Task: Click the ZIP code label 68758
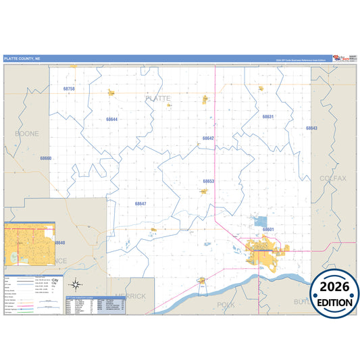click(69, 89)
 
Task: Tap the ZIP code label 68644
click(112, 120)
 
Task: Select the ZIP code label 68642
click(208, 138)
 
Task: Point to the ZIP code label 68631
click(268, 117)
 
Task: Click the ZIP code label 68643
click(311, 128)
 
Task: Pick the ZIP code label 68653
click(209, 181)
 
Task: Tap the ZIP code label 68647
click(140, 203)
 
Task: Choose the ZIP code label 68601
click(268, 230)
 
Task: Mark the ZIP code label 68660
click(45, 158)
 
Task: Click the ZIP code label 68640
click(59, 242)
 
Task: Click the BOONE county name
click(27, 134)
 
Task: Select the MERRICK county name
click(130, 296)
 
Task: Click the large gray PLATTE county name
click(158, 99)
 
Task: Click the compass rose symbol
click(78, 284)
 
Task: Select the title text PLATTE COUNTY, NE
click(22, 59)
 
